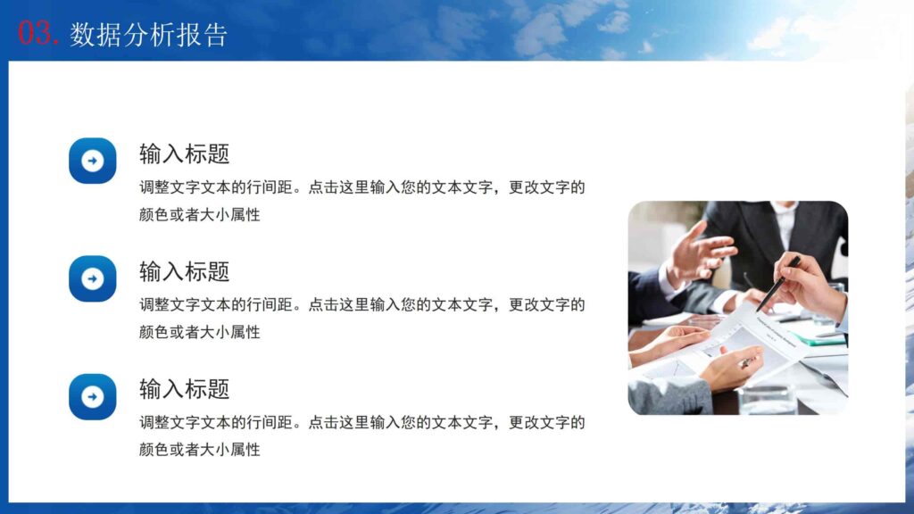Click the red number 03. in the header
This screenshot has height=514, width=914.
(x=39, y=34)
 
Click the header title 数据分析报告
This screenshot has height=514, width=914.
(x=149, y=35)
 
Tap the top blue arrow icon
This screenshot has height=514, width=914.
(x=93, y=161)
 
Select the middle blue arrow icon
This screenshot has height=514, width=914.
(x=93, y=278)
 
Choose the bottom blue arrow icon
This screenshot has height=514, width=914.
(x=93, y=396)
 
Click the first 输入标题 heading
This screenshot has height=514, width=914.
(x=184, y=153)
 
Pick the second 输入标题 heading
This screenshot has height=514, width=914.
(x=184, y=271)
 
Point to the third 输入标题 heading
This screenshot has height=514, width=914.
(x=184, y=389)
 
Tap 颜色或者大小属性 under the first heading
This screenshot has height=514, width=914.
(x=199, y=214)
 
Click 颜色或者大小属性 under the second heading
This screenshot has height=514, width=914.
(x=199, y=332)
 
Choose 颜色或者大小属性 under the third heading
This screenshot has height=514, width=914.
(x=199, y=450)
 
